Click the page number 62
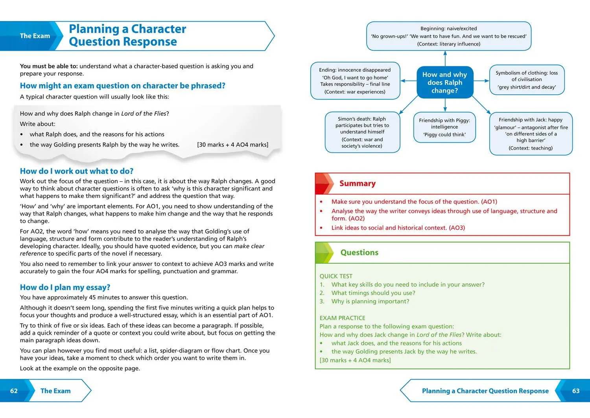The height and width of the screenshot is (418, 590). click(x=14, y=391)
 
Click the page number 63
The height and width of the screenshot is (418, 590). click(x=576, y=391)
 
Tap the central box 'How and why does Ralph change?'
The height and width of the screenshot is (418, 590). click(x=445, y=82)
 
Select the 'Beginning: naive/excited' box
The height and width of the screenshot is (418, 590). click(x=448, y=36)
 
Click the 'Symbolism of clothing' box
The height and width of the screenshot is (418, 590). click(x=527, y=80)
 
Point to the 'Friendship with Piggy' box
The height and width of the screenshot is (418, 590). click(x=444, y=127)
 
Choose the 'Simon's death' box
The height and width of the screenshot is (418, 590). click(x=362, y=132)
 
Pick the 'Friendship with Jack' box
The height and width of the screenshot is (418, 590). click(x=531, y=134)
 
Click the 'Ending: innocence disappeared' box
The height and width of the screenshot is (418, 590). click(x=355, y=81)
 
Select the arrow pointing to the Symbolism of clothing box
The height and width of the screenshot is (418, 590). click(x=481, y=81)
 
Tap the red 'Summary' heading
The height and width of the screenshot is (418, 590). click(x=357, y=183)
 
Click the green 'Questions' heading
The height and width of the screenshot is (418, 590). click(x=359, y=253)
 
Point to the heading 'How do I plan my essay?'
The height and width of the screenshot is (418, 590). click(x=65, y=287)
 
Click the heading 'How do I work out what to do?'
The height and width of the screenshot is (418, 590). click(x=77, y=171)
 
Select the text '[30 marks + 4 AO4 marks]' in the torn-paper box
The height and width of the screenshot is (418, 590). click(x=232, y=145)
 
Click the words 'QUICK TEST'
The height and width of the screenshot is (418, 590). click(x=336, y=276)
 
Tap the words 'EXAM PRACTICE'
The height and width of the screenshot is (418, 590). click(x=342, y=318)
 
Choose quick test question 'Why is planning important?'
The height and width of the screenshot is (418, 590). click(x=370, y=301)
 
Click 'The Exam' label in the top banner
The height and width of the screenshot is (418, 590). click(x=35, y=36)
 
